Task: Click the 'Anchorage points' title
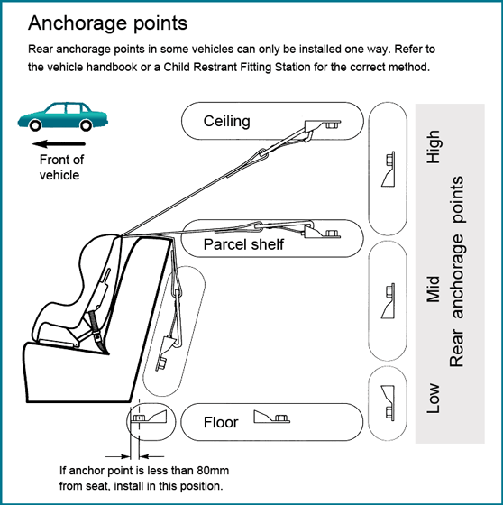click(x=107, y=24)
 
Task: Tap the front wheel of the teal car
click(x=35, y=125)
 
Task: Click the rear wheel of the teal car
click(x=86, y=125)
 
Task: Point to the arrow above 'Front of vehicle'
click(x=59, y=143)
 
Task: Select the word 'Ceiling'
click(x=226, y=122)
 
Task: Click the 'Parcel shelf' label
click(x=243, y=244)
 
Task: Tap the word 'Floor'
click(x=221, y=422)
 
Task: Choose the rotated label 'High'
click(x=434, y=146)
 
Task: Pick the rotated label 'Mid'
click(x=434, y=289)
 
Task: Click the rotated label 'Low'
click(x=434, y=398)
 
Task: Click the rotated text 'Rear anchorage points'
click(x=457, y=271)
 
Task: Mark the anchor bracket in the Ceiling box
click(x=323, y=125)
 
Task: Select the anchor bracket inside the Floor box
click(x=272, y=417)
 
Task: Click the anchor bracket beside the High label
click(x=389, y=170)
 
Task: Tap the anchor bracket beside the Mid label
click(x=389, y=301)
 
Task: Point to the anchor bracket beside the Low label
click(x=389, y=403)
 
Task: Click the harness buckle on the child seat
click(x=97, y=337)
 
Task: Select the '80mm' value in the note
click(x=213, y=471)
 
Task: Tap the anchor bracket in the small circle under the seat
click(x=149, y=416)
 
